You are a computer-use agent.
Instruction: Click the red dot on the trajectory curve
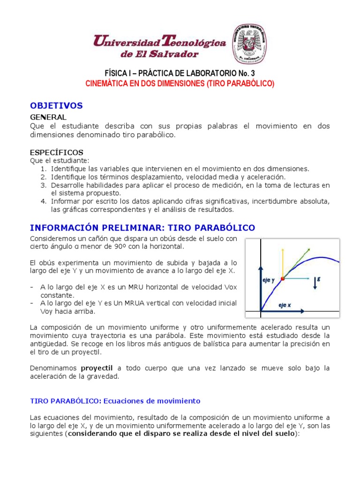pos(282,279)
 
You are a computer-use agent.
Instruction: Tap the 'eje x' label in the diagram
pos(285,305)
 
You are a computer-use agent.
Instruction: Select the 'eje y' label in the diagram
pos(268,280)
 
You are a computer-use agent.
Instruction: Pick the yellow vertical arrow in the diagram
pos(282,262)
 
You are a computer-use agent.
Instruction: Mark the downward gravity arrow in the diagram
pos(315,283)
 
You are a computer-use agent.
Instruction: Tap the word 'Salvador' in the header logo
pos(173,54)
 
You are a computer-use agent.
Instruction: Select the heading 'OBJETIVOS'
pos(56,105)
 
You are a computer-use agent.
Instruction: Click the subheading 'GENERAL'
pos(48,117)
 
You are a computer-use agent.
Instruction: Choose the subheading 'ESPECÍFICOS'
pos(56,152)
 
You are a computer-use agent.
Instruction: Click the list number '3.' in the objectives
pos(43,185)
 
